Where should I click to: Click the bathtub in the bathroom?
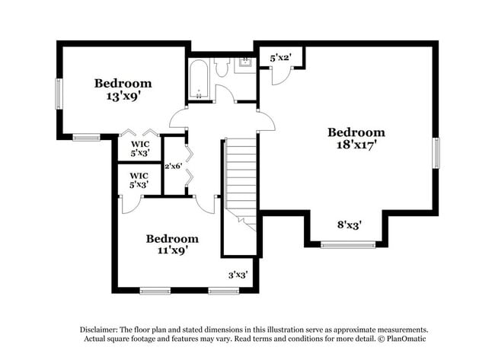[x=199, y=78]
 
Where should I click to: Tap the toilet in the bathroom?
[x=221, y=68]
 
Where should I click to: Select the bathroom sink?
[x=245, y=64]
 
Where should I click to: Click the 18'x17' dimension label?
[x=356, y=143]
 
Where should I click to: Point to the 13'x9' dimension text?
[x=123, y=97]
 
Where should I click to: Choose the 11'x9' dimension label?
[x=172, y=249]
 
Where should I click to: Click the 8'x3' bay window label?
[x=349, y=225]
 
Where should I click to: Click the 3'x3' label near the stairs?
[x=238, y=275]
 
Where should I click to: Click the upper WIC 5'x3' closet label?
[x=139, y=148]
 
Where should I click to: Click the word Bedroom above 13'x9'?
[x=123, y=83]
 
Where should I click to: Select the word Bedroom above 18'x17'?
[x=356, y=131]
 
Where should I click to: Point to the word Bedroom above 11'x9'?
[x=172, y=237]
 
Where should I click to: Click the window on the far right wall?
[x=436, y=152]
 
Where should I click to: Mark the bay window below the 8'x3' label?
[x=348, y=244]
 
